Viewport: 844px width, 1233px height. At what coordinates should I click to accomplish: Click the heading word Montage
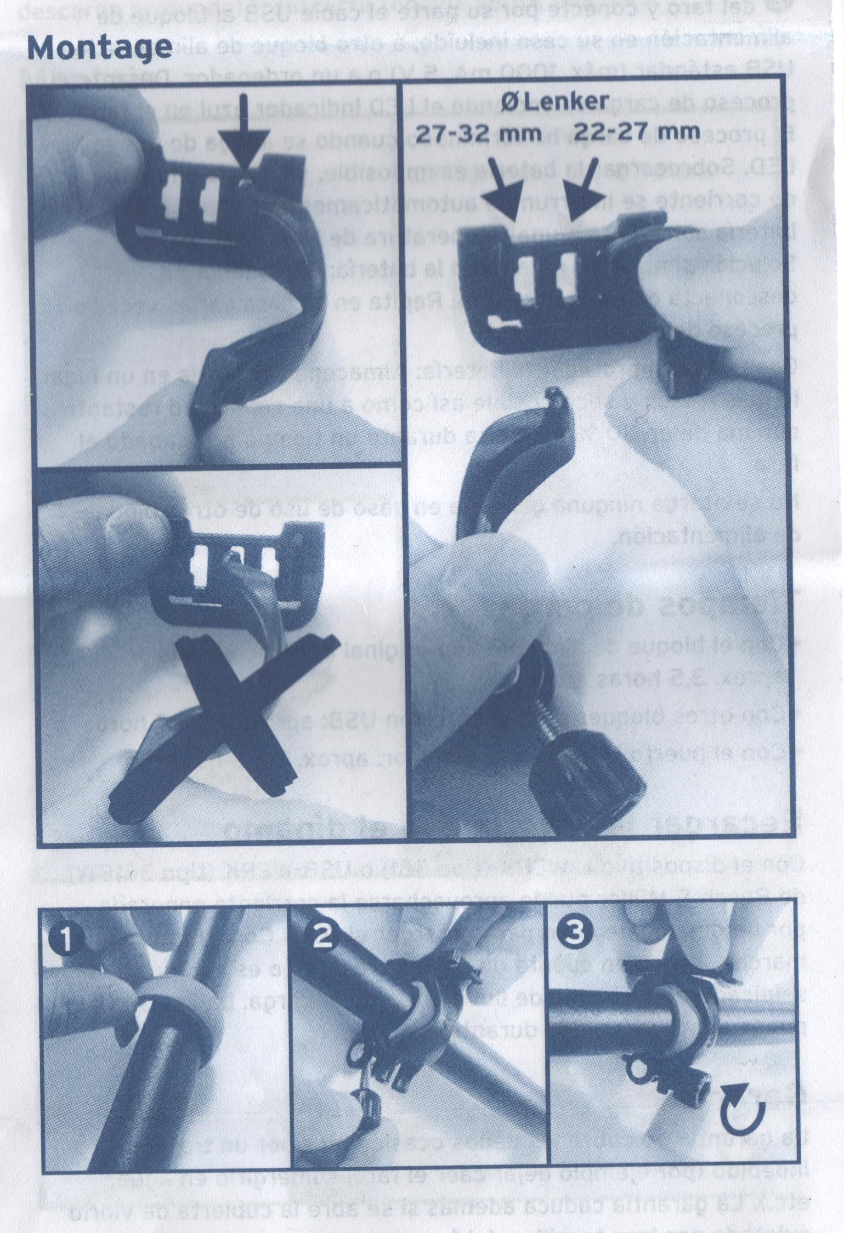click(x=100, y=48)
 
